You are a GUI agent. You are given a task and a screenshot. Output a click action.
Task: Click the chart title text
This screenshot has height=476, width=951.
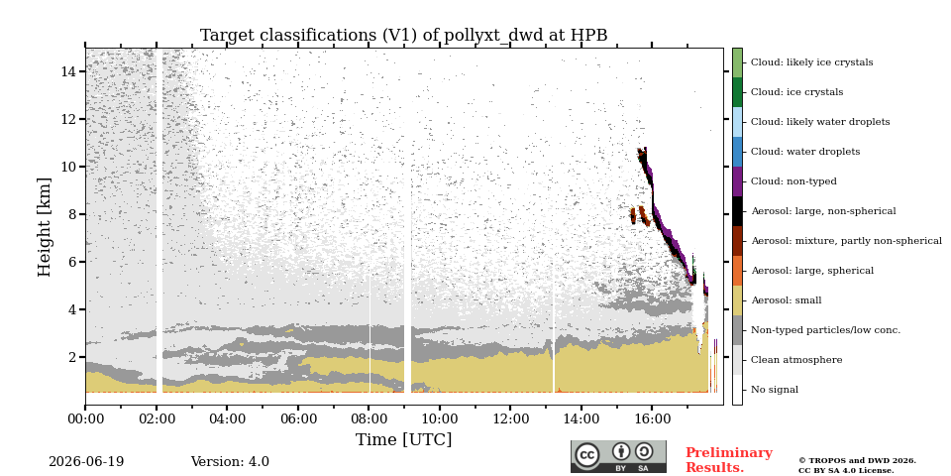pos(403,36)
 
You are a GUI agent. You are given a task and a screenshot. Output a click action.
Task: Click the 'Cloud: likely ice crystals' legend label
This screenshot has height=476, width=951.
pos(811,61)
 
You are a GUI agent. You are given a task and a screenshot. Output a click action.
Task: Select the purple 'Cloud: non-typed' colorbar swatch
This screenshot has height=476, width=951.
pos(737,181)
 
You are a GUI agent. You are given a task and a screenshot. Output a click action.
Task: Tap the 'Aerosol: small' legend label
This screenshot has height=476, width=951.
pos(786,300)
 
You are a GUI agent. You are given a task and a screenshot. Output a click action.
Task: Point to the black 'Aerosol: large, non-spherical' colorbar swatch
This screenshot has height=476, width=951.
pos(737,211)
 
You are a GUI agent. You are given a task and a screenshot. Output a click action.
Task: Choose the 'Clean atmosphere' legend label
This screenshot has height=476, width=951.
pos(796,360)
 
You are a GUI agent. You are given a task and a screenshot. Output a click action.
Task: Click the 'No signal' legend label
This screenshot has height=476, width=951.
pos(775,390)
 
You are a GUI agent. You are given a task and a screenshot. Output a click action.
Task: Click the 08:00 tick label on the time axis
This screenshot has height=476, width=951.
pos(369,418)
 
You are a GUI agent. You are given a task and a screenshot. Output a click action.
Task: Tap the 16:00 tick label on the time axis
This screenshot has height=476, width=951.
pos(652,418)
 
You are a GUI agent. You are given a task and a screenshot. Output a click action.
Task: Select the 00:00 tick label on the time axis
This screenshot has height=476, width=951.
pos(85,418)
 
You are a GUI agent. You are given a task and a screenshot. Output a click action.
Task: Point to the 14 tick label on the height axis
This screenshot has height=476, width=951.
pos(68,71)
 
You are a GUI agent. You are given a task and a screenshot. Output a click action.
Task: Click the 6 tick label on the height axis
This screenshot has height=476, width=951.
pos(72,262)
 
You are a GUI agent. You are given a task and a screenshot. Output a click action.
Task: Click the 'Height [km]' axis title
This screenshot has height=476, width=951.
pos(45,227)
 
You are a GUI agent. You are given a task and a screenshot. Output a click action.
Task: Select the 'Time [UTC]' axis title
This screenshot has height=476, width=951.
pos(404,439)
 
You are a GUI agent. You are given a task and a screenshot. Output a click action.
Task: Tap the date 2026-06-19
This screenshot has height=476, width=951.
pos(86,462)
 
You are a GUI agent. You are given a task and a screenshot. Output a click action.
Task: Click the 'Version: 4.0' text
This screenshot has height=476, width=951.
pos(230,462)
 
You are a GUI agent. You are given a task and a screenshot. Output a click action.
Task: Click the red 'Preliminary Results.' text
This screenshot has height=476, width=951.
pos(729,460)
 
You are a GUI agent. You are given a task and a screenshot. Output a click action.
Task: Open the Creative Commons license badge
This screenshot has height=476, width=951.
pos(618,456)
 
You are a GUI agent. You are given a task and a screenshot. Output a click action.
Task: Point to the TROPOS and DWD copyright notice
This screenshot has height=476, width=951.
pos(857,466)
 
